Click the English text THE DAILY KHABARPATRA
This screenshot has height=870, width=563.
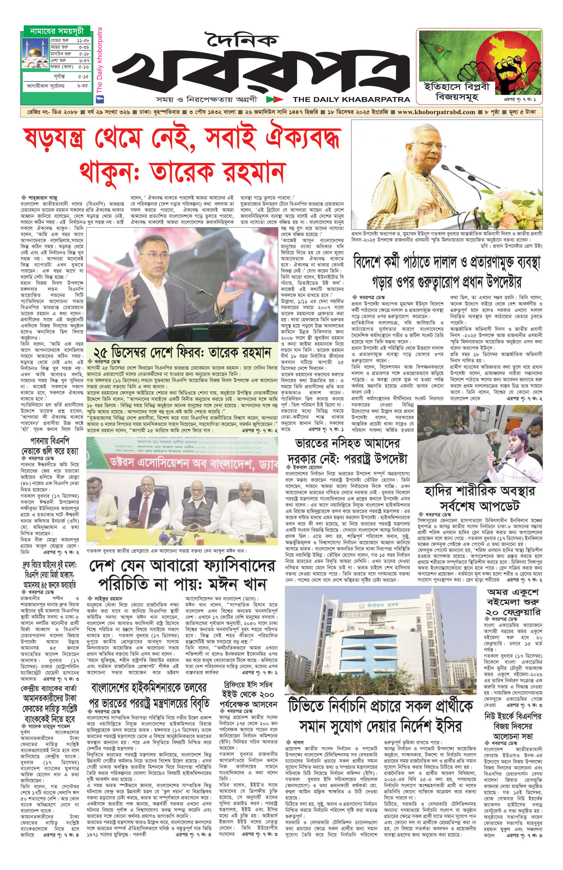[x=351, y=99]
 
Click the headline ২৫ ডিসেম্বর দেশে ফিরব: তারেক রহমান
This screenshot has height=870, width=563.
[x=182, y=352]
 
